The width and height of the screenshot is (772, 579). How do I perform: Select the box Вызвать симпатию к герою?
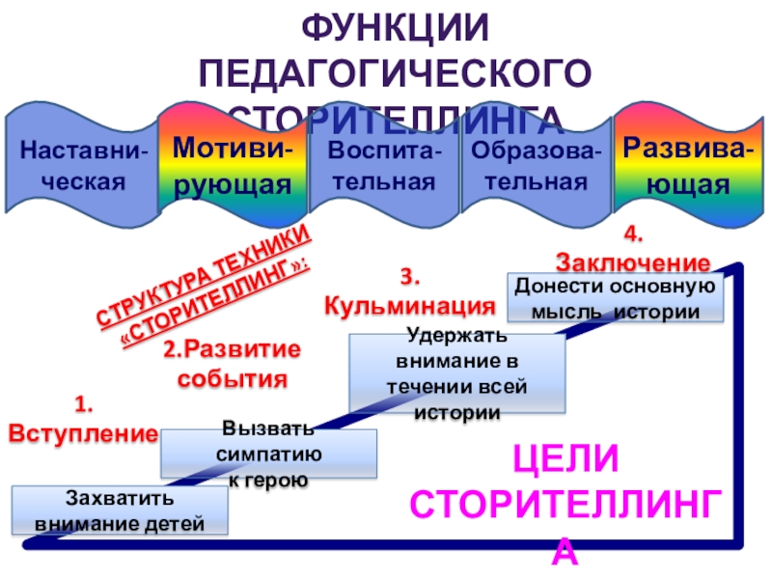267,454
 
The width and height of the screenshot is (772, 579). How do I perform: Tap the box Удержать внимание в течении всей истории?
457,374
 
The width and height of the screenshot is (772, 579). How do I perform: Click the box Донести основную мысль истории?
615,298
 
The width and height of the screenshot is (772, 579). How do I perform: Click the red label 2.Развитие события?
232,363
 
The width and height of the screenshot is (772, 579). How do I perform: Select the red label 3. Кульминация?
409,292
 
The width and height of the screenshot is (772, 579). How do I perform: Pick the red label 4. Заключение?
633,249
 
